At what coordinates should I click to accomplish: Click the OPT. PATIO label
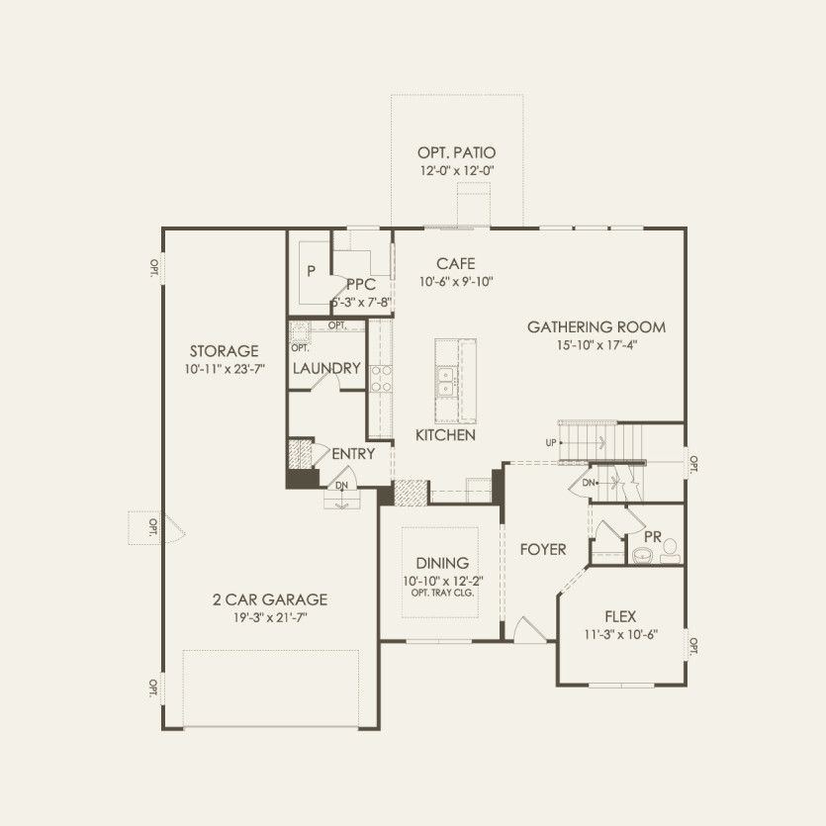tap(456, 153)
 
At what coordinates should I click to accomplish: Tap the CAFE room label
tap(456, 264)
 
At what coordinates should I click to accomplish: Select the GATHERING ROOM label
tap(596, 326)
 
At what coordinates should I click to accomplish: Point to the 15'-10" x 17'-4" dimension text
tap(596, 345)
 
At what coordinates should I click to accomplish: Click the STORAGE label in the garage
tap(224, 351)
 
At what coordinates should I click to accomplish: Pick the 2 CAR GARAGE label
tap(269, 599)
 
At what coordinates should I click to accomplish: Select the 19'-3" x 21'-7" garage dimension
tap(269, 617)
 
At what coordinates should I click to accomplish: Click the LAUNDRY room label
tap(326, 369)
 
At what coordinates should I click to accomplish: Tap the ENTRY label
tap(353, 453)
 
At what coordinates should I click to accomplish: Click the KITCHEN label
tap(445, 435)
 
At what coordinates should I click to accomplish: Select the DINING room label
tap(441, 563)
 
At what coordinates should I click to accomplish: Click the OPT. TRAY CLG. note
tap(441, 593)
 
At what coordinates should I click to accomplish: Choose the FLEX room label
tap(622, 616)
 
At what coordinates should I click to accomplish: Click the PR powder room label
tap(652, 535)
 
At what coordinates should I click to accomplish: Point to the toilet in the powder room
tap(671, 547)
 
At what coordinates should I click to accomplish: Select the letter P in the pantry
tap(310, 270)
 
